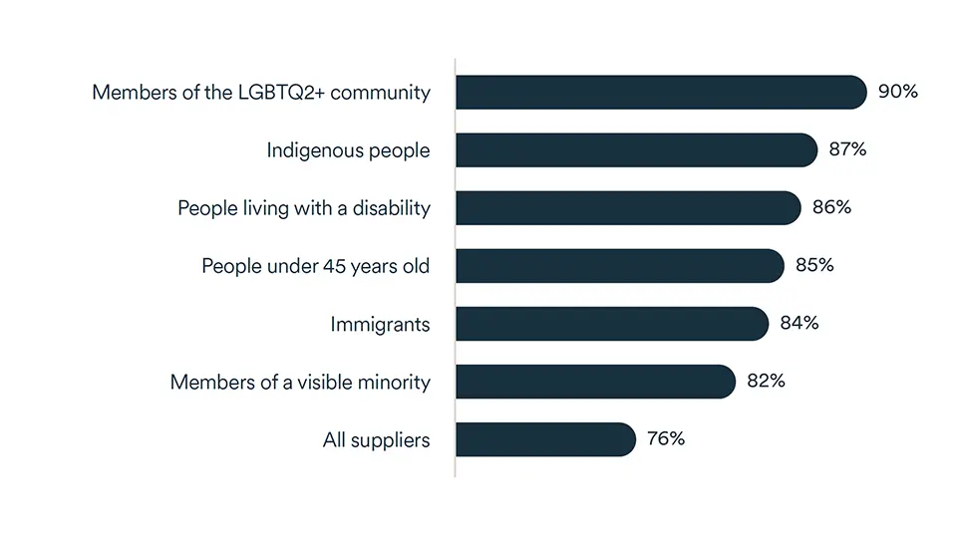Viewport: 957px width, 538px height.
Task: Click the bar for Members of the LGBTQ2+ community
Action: point(661,93)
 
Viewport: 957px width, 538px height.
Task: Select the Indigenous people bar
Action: point(636,150)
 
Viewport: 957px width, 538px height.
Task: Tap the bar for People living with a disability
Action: point(628,208)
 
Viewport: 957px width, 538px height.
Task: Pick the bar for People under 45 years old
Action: point(620,266)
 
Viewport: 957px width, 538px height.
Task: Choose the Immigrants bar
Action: point(612,324)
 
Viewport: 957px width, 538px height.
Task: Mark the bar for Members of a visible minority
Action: point(595,382)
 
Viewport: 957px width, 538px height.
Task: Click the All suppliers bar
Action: point(545,439)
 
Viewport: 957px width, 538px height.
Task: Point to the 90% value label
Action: point(897,93)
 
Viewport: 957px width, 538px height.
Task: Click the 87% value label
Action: point(847,150)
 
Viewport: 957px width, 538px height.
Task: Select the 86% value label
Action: point(831,208)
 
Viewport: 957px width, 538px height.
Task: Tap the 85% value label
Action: point(814,266)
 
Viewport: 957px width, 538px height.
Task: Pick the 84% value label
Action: point(799,324)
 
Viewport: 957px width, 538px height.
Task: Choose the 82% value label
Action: point(766,382)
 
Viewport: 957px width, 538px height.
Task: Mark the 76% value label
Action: point(665,439)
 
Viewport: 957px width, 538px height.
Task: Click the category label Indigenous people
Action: point(348,151)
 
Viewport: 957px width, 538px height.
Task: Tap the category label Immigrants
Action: point(380,325)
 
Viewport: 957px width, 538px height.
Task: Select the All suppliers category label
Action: point(376,440)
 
